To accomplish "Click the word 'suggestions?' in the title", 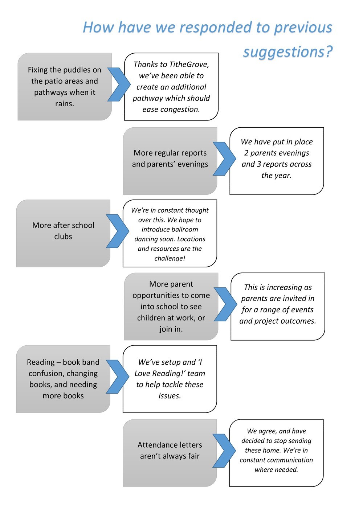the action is click(x=287, y=52).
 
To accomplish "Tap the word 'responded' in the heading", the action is click(x=216, y=28).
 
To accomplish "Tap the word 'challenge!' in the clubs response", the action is click(x=170, y=259).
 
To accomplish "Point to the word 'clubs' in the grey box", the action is click(x=63, y=237).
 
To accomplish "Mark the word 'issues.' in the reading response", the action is click(x=170, y=396).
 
